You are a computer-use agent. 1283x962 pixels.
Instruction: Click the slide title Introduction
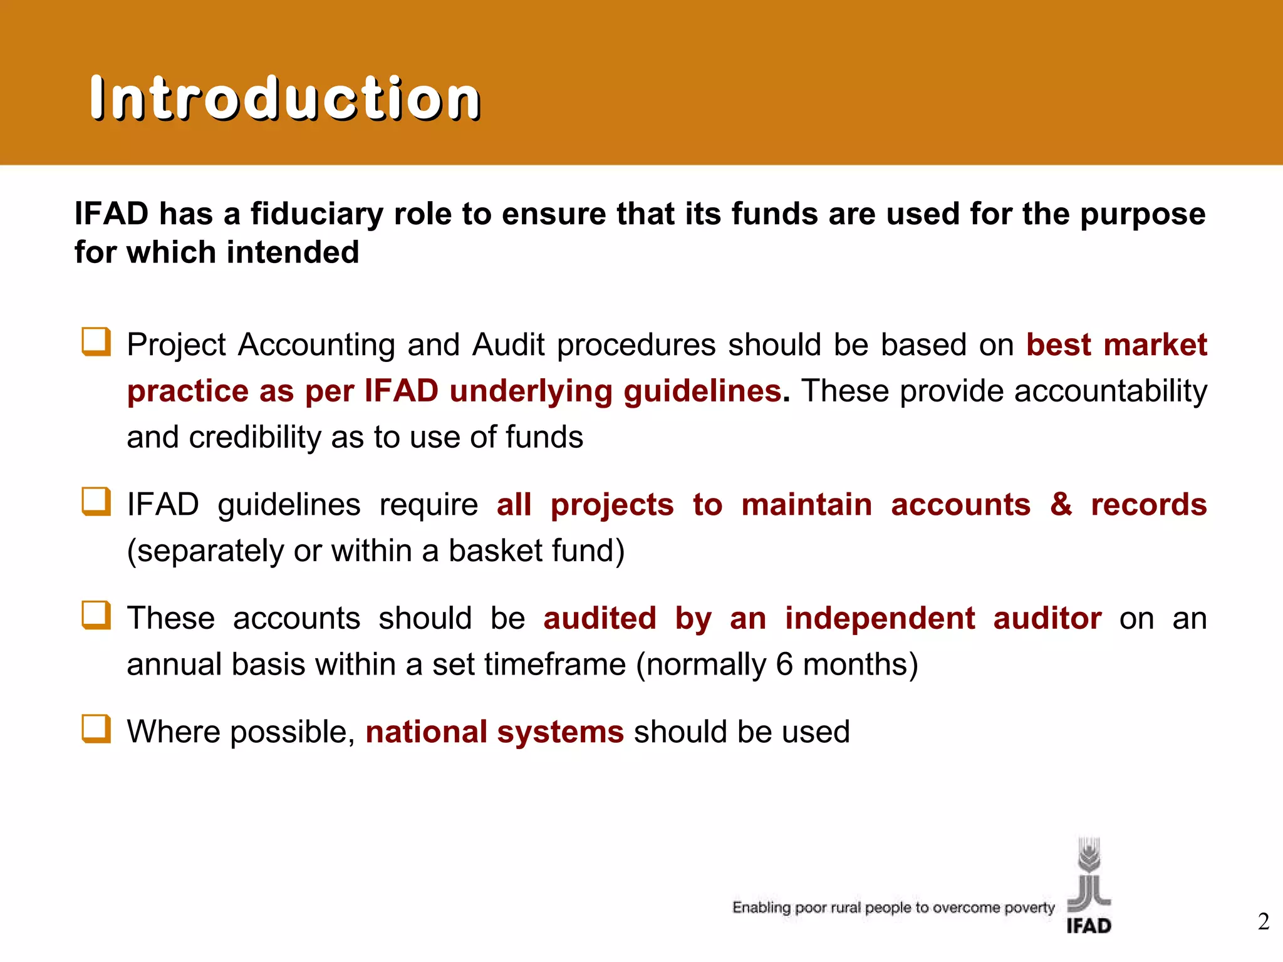(285, 98)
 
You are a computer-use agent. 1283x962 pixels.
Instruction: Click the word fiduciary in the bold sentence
(316, 214)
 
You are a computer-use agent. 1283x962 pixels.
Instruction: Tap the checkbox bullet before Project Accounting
(96, 342)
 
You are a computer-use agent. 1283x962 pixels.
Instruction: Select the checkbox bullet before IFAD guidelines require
(96, 502)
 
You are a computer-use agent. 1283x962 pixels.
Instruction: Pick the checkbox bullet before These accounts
(96, 615)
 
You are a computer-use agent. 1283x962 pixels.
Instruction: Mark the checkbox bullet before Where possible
(96, 729)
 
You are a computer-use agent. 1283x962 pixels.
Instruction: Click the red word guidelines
(702, 391)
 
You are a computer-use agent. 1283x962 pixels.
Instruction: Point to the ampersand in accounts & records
(1061, 504)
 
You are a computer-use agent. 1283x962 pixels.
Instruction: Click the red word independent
(880, 618)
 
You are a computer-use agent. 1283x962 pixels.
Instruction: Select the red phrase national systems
(494, 732)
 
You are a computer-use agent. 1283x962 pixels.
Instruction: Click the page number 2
(1263, 921)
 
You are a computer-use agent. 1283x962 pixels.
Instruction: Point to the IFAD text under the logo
(1089, 925)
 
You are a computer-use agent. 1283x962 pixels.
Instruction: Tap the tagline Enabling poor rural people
(893, 908)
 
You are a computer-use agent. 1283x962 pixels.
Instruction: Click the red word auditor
(1047, 618)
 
